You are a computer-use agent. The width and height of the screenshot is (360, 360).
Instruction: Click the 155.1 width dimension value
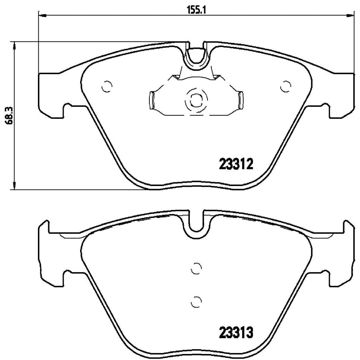point(196,10)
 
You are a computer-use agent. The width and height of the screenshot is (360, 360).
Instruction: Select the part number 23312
point(236,164)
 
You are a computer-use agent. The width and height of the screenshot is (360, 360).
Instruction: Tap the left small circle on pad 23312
point(107,85)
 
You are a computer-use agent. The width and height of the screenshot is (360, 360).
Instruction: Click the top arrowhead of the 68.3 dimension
point(14,45)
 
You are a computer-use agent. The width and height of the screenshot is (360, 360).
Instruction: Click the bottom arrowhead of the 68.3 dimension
point(14,186)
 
